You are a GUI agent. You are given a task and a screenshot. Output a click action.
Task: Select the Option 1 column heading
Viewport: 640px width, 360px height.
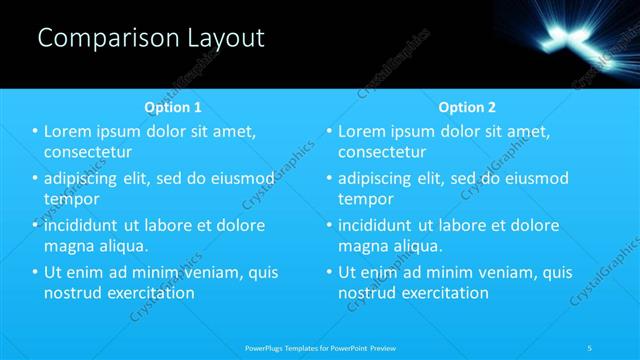pos(173,107)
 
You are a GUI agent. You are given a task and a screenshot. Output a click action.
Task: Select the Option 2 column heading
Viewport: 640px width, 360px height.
pos(467,107)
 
